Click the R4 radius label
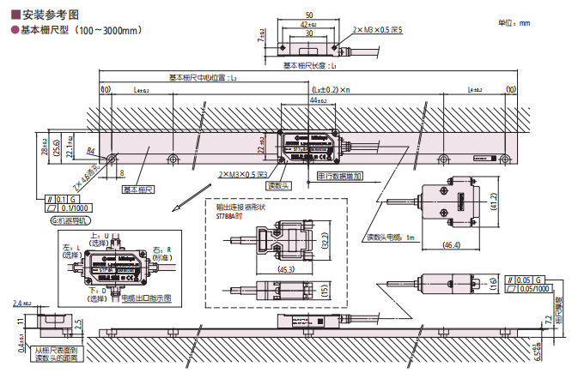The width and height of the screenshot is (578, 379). pos(90,151)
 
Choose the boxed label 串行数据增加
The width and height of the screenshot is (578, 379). pos(340,176)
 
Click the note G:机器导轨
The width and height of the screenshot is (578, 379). pos(70,220)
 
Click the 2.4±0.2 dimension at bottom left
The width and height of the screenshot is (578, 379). pos(21,304)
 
